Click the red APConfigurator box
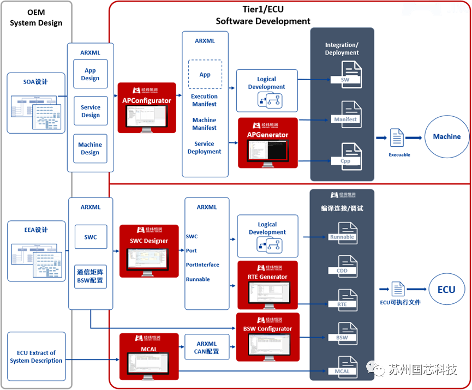click(147, 107)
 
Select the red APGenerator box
click(268, 143)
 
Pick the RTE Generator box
click(268, 285)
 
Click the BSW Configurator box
click(267, 337)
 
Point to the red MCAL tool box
click(148, 357)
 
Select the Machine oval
click(447, 137)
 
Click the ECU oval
click(446, 290)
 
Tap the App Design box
click(91, 74)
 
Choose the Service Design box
click(91, 111)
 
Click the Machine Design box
click(91, 148)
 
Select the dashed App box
click(205, 75)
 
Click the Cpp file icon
click(345, 155)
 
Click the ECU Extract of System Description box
click(36, 357)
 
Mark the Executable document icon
click(398, 140)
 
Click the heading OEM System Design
click(36, 18)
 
